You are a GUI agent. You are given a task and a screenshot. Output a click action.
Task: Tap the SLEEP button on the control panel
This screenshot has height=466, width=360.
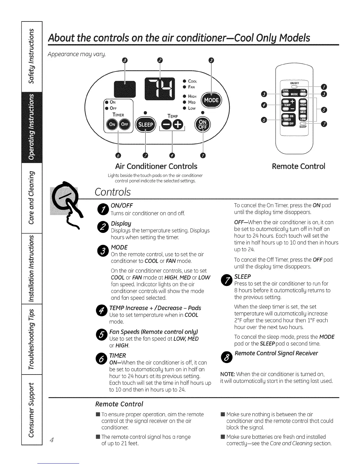(x=146, y=125)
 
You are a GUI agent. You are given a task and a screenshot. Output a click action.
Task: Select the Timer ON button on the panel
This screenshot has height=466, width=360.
(x=112, y=124)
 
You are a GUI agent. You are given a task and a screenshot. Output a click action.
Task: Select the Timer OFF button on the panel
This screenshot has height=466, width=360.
(x=125, y=124)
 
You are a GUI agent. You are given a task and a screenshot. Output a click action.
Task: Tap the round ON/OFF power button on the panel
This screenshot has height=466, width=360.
(x=203, y=124)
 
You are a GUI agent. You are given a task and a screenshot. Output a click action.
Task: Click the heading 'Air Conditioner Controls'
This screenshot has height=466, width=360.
(x=156, y=167)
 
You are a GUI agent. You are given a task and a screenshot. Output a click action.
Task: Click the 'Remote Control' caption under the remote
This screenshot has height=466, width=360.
(x=299, y=167)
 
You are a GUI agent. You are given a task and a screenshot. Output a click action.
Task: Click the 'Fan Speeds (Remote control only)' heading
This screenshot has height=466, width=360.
(x=154, y=332)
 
